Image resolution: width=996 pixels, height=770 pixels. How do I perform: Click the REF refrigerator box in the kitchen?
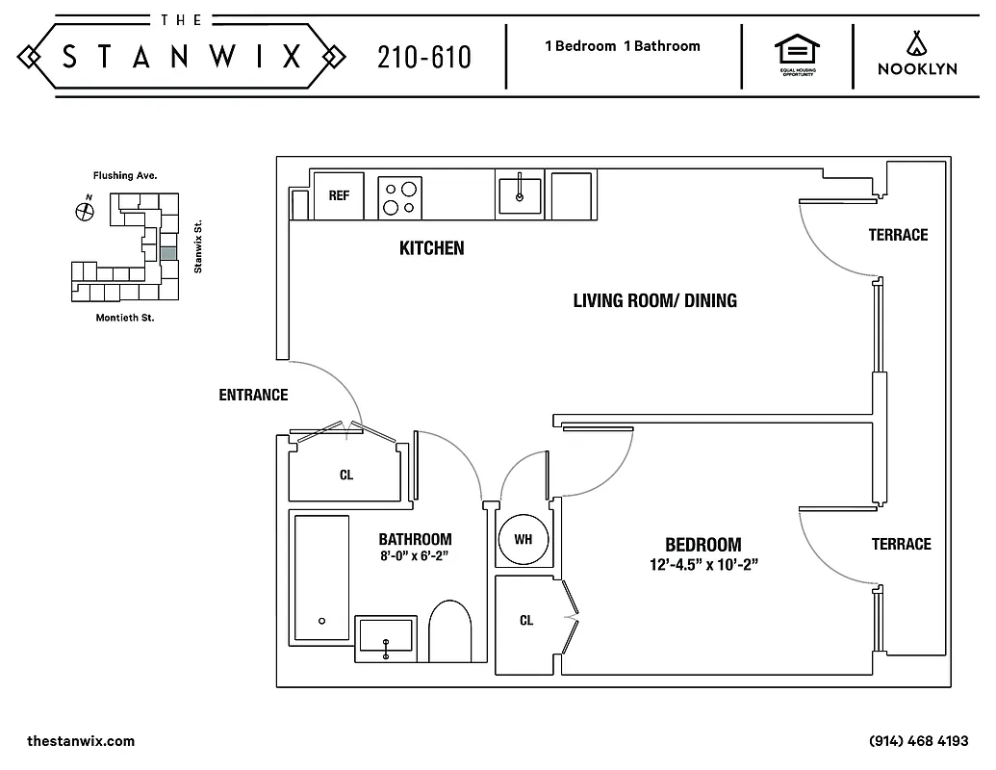[339, 195]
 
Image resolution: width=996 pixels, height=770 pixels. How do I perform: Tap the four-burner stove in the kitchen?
[401, 196]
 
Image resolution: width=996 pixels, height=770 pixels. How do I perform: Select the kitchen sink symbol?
[520, 192]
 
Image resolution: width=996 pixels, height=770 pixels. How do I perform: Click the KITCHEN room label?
[431, 248]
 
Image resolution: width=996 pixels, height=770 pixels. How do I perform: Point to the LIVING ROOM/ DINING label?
[654, 300]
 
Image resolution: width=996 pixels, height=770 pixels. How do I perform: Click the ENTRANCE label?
[253, 395]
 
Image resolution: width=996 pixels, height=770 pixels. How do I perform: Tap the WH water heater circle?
[523, 539]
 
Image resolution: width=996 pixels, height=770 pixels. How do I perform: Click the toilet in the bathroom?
[448, 629]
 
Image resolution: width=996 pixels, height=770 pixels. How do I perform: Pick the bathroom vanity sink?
[386, 638]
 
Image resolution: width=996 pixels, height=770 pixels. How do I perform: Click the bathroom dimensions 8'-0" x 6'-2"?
[415, 555]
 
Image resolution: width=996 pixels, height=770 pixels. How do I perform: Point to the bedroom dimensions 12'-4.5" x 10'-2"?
[703, 565]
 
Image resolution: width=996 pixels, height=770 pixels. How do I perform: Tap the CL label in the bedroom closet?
[526, 621]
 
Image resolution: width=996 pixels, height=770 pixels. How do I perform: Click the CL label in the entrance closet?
[345, 475]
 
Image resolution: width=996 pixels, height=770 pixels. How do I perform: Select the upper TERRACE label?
[898, 235]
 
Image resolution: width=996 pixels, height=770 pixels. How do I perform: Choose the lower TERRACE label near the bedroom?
[901, 545]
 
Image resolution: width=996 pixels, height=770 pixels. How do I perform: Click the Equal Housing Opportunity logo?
[797, 56]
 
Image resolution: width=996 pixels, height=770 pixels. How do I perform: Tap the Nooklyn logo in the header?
[915, 56]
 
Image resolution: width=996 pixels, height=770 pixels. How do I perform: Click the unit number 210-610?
[424, 58]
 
